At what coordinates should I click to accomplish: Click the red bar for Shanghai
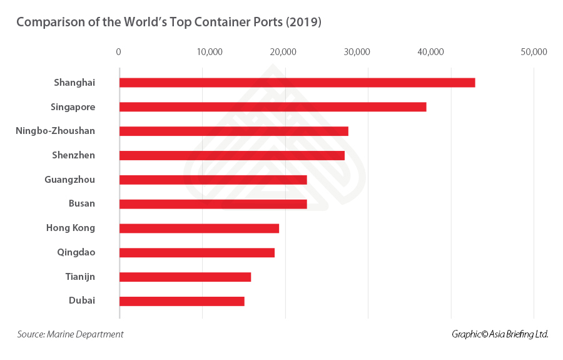click(297, 83)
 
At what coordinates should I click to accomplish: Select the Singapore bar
click(273, 107)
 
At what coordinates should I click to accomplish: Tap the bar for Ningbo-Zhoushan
click(233, 131)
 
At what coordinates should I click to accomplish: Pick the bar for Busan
click(213, 204)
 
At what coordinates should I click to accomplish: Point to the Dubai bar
click(181, 301)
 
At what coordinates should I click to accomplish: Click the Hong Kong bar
click(199, 229)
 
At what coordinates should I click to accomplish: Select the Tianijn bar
click(185, 277)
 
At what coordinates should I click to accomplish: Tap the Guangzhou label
click(69, 180)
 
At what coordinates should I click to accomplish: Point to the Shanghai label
click(74, 83)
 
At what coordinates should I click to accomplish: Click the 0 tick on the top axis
click(119, 52)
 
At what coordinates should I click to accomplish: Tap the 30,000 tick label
click(357, 52)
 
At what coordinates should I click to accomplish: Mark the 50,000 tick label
click(534, 52)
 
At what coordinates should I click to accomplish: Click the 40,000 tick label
click(431, 52)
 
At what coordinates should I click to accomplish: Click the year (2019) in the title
click(302, 23)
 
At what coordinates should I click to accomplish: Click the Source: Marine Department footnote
click(70, 334)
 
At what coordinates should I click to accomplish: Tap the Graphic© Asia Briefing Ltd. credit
click(500, 334)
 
